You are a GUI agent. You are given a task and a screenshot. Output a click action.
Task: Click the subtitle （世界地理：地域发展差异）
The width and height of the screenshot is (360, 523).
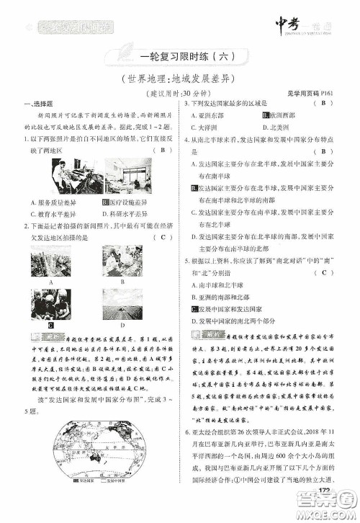coord(180,79)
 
